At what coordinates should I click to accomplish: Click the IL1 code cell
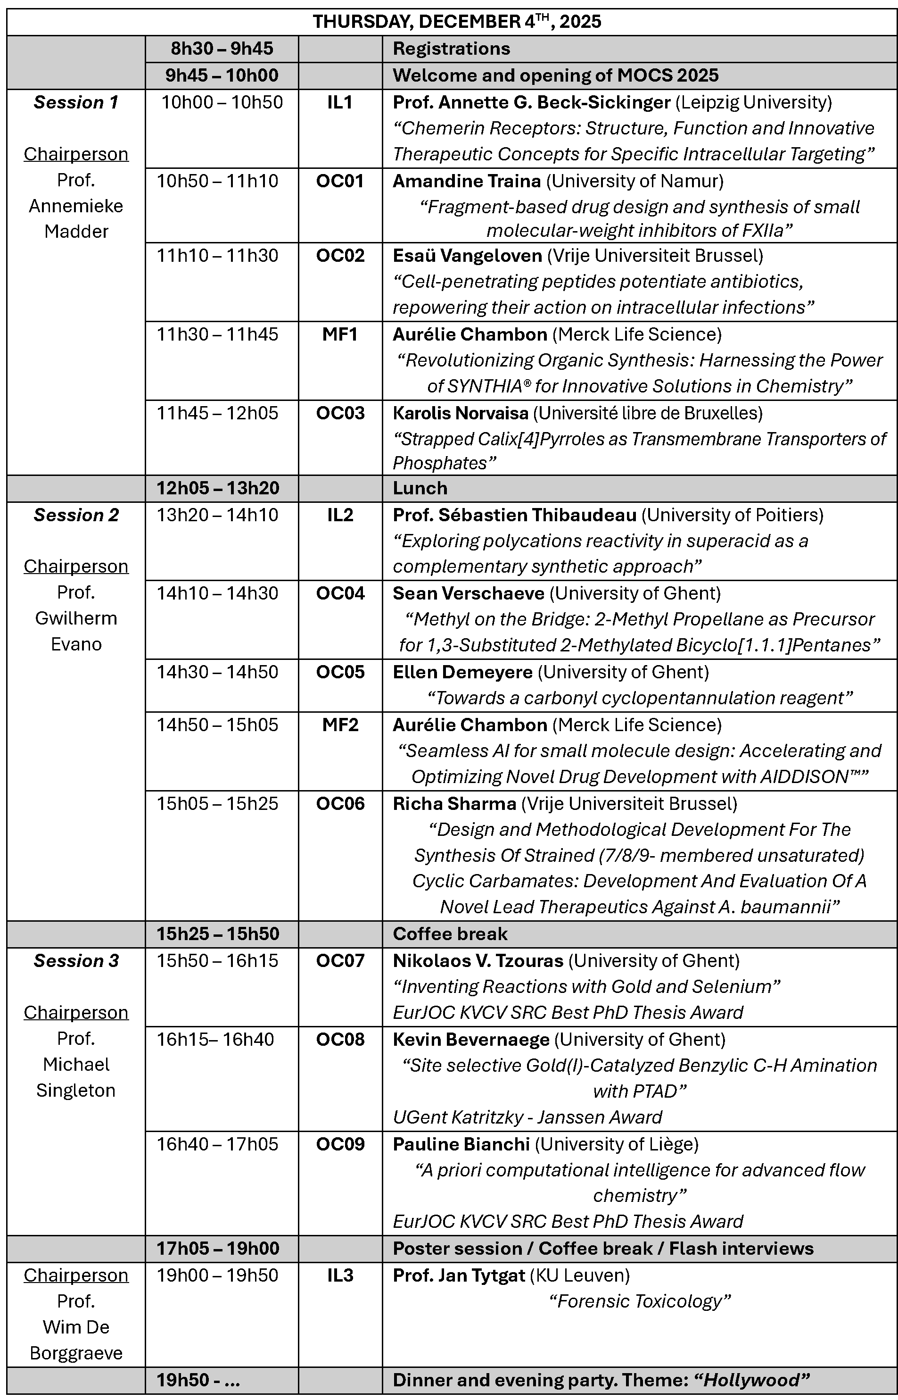pyautogui.click(x=339, y=103)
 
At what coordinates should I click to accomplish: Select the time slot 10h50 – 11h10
pyautogui.click(x=217, y=181)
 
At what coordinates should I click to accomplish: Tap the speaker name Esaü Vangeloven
pyautogui.click(x=467, y=256)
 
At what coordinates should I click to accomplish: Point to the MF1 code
pyautogui.click(x=339, y=334)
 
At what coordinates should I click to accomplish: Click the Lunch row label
pyautogui.click(x=420, y=488)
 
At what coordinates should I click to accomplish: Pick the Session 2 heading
pyautogui.click(x=76, y=515)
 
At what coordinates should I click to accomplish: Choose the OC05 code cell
pyautogui.click(x=340, y=672)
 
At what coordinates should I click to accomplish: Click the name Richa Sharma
pyautogui.click(x=454, y=803)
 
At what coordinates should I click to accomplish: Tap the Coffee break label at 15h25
pyautogui.click(x=450, y=933)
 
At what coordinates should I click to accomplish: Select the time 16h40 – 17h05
pyautogui.click(x=217, y=1144)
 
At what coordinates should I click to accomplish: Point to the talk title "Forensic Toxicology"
pyautogui.click(x=640, y=1301)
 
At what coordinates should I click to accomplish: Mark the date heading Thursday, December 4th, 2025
pyautogui.click(x=457, y=22)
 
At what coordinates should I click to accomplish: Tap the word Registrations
pyautogui.click(x=451, y=49)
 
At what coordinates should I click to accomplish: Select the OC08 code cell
pyautogui.click(x=340, y=1039)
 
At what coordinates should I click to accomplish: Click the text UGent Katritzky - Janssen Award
pyautogui.click(x=527, y=1117)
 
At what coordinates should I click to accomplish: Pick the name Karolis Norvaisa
pyautogui.click(x=460, y=413)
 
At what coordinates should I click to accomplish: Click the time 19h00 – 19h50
pyautogui.click(x=217, y=1275)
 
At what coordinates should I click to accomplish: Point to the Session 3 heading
pyautogui.click(x=76, y=961)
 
